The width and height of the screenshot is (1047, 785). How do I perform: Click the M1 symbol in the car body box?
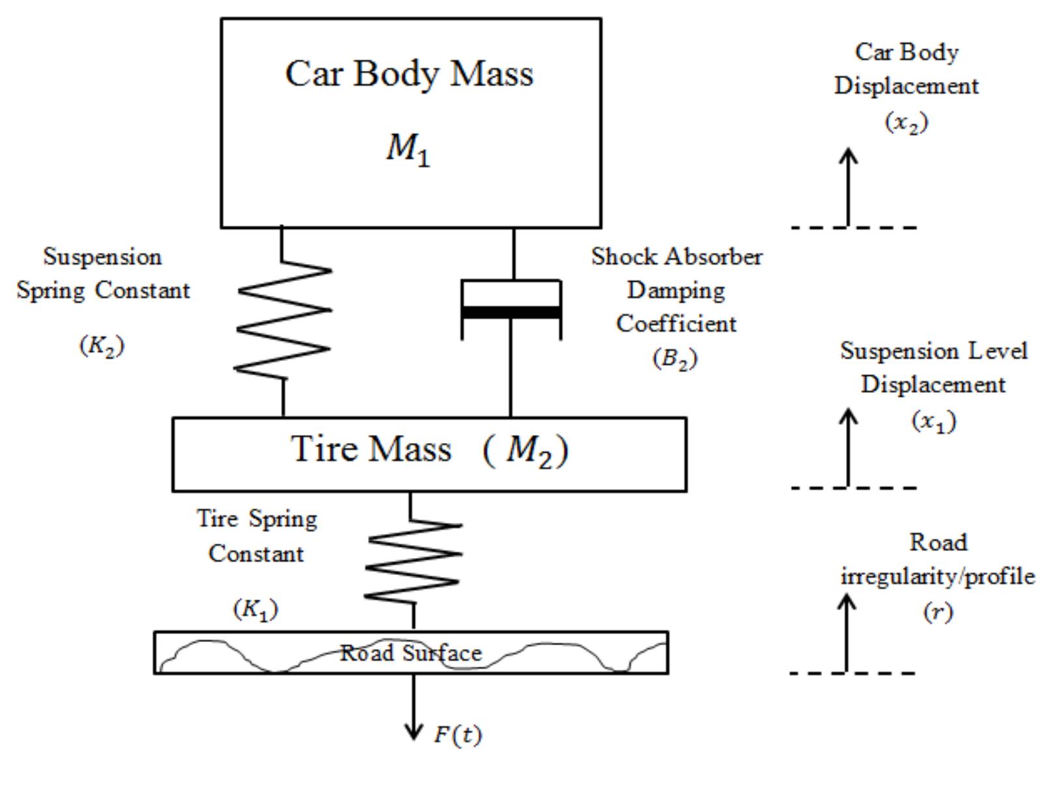click(x=408, y=150)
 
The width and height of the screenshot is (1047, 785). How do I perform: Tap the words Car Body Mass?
click(x=409, y=73)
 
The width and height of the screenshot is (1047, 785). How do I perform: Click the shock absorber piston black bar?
click(x=511, y=313)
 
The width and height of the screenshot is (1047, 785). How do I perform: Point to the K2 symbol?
click(x=102, y=345)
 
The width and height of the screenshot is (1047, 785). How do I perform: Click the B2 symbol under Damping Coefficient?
click(x=675, y=358)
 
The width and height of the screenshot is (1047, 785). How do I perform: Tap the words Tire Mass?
click(x=371, y=449)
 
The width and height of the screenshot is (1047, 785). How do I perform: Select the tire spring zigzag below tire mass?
click(x=414, y=560)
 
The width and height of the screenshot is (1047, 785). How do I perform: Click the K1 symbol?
click(x=256, y=609)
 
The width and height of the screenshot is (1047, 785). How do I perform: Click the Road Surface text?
click(x=411, y=652)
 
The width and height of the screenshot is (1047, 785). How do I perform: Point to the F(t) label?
click(x=458, y=735)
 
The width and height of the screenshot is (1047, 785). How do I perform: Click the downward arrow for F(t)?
click(x=414, y=709)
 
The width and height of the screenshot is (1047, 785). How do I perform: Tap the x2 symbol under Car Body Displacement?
click(x=907, y=122)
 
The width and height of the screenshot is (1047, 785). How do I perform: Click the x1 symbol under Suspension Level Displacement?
click(x=934, y=421)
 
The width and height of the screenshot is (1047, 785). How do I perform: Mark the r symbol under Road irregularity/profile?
click(x=938, y=612)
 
